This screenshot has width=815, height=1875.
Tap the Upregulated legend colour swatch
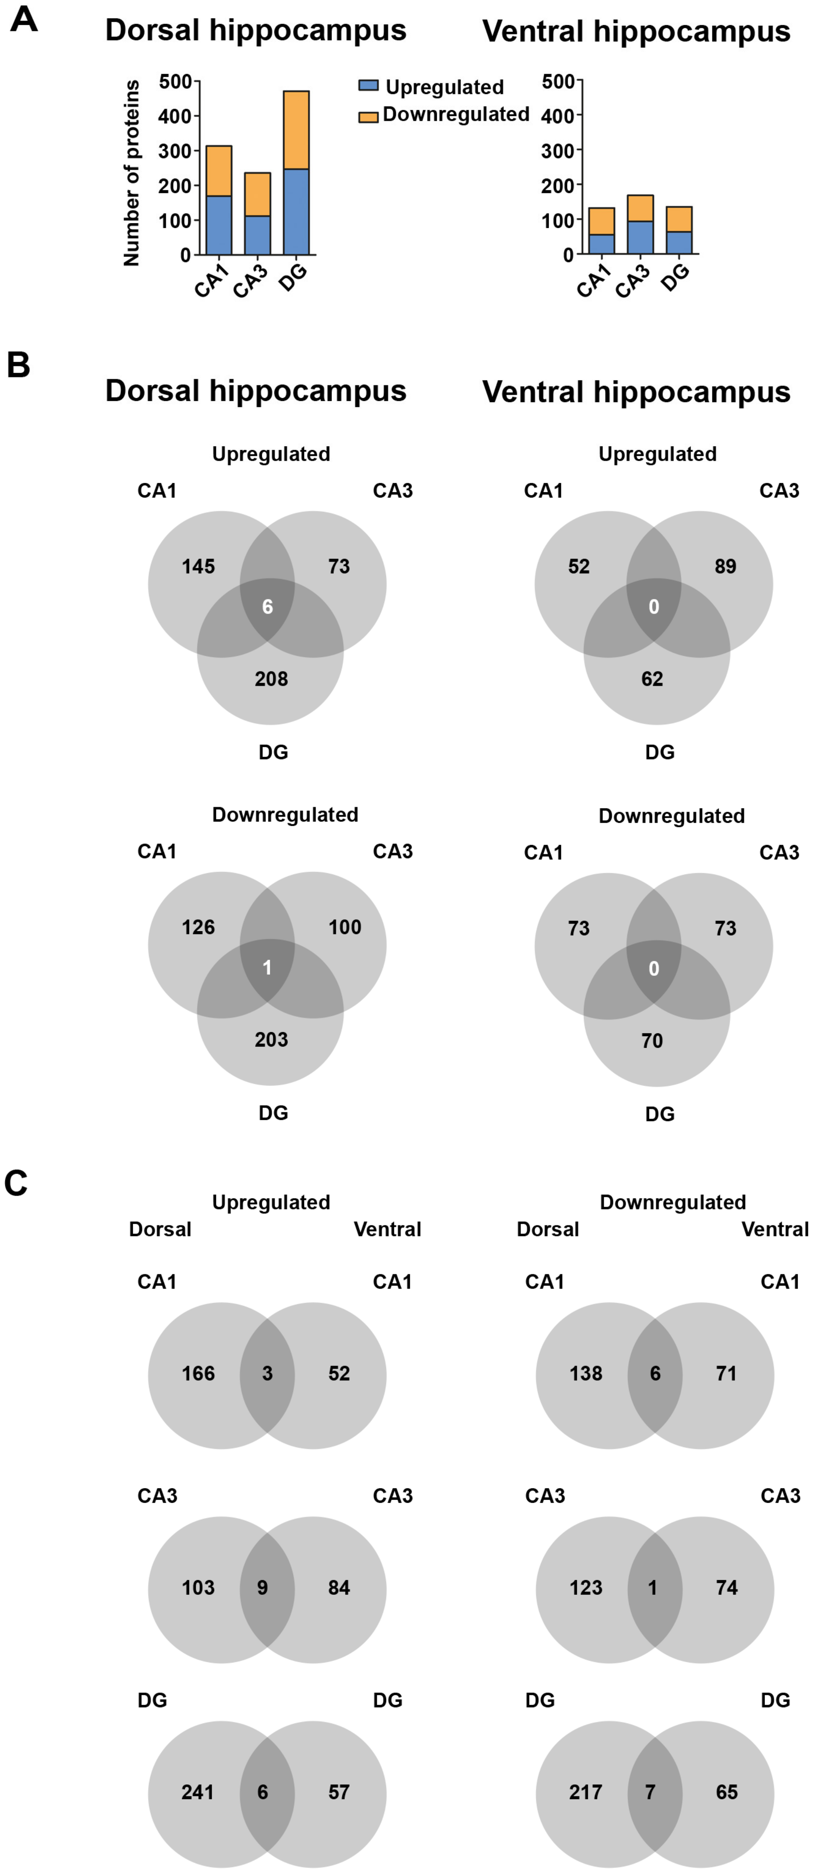coord(368,86)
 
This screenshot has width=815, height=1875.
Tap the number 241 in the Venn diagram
coord(198,1792)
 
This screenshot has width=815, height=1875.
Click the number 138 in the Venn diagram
coord(585,1373)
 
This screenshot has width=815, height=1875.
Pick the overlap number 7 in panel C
coord(651,1792)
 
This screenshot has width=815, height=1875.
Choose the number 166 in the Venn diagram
coord(198,1373)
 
